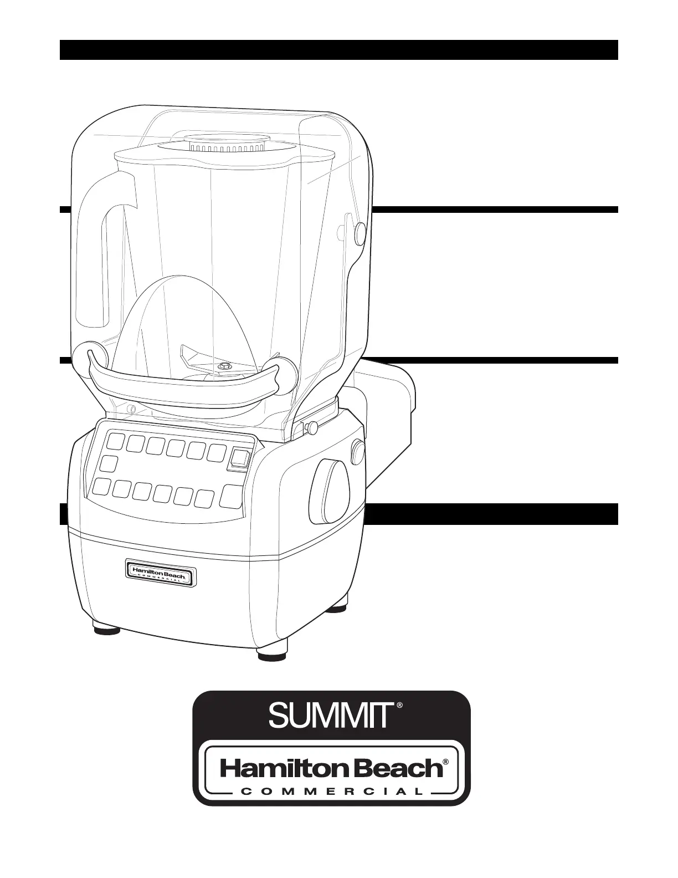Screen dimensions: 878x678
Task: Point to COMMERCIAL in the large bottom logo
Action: pyautogui.click(x=332, y=792)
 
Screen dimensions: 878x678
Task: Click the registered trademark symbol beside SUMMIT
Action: pyautogui.click(x=399, y=706)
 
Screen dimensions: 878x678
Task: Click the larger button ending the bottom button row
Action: pyautogui.click(x=231, y=496)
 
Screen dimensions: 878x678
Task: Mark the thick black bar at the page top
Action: pyautogui.click(x=338, y=49)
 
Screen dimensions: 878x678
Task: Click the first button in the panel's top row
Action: pyautogui.click(x=116, y=442)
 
